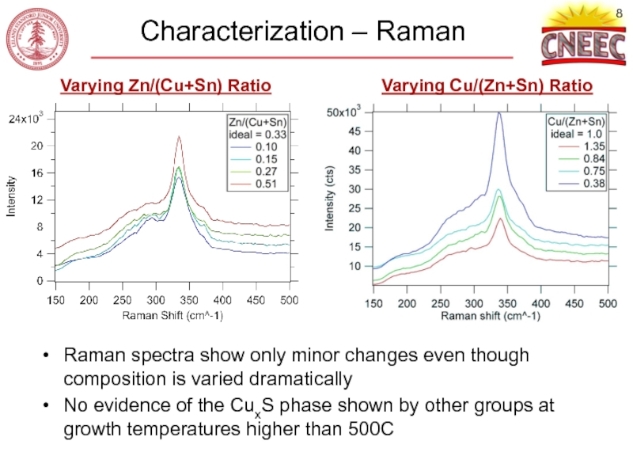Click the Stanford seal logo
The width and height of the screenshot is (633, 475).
(37, 37)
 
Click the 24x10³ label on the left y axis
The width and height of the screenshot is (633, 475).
(32, 120)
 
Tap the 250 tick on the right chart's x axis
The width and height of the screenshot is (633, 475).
(440, 304)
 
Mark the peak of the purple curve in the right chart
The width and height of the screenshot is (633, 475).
(499, 112)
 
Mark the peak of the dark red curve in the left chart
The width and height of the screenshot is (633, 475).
(179, 137)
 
